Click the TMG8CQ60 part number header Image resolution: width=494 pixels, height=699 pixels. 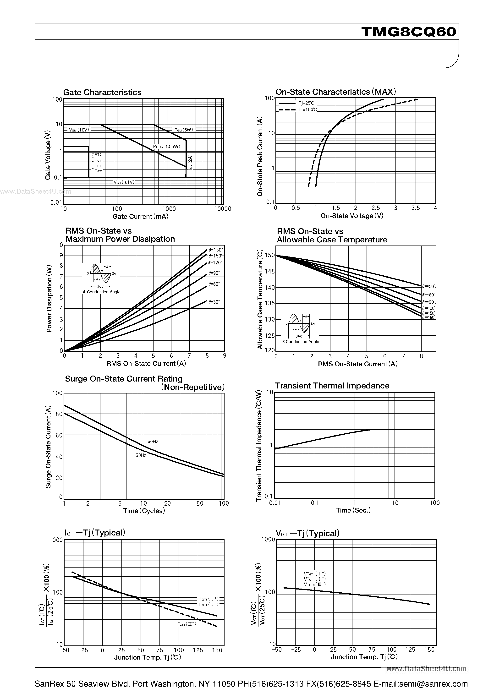(409, 32)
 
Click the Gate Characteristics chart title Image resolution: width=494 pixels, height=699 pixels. (102, 92)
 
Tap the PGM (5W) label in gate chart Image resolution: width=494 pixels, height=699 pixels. (184, 130)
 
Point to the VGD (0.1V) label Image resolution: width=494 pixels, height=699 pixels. (124, 182)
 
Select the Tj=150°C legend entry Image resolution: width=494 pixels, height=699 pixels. (307, 109)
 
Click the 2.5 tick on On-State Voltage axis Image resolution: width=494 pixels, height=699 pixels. (376, 208)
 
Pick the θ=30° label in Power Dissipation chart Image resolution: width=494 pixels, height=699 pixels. (214, 302)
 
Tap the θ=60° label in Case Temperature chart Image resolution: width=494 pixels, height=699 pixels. (428, 295)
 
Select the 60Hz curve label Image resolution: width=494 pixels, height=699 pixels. (153, 442)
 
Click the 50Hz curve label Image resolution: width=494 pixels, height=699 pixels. (141, 455)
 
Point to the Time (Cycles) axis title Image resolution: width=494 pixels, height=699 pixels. (144, 511)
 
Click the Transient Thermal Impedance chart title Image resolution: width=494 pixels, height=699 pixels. (332, 386)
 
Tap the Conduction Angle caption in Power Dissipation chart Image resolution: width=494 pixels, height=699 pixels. (101, 292)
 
